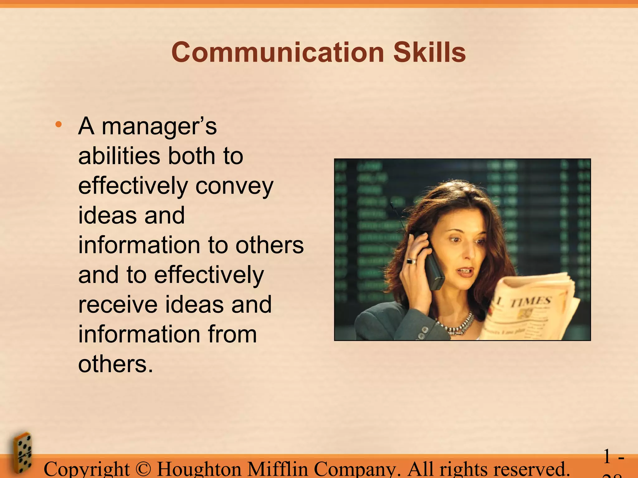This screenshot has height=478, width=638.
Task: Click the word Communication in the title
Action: coord(277,52)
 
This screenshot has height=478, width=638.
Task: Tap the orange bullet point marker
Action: coord(58,125)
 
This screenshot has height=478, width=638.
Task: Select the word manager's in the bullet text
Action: coord(159,127)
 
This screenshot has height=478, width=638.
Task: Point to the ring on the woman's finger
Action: coord(412,261)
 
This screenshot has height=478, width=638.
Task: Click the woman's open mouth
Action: coord(466,272)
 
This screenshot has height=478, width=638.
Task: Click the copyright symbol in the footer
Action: coord(143,469)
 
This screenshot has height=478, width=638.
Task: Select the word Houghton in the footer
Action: coord(199,469)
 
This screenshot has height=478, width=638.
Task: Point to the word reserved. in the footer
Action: coord(530,469)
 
